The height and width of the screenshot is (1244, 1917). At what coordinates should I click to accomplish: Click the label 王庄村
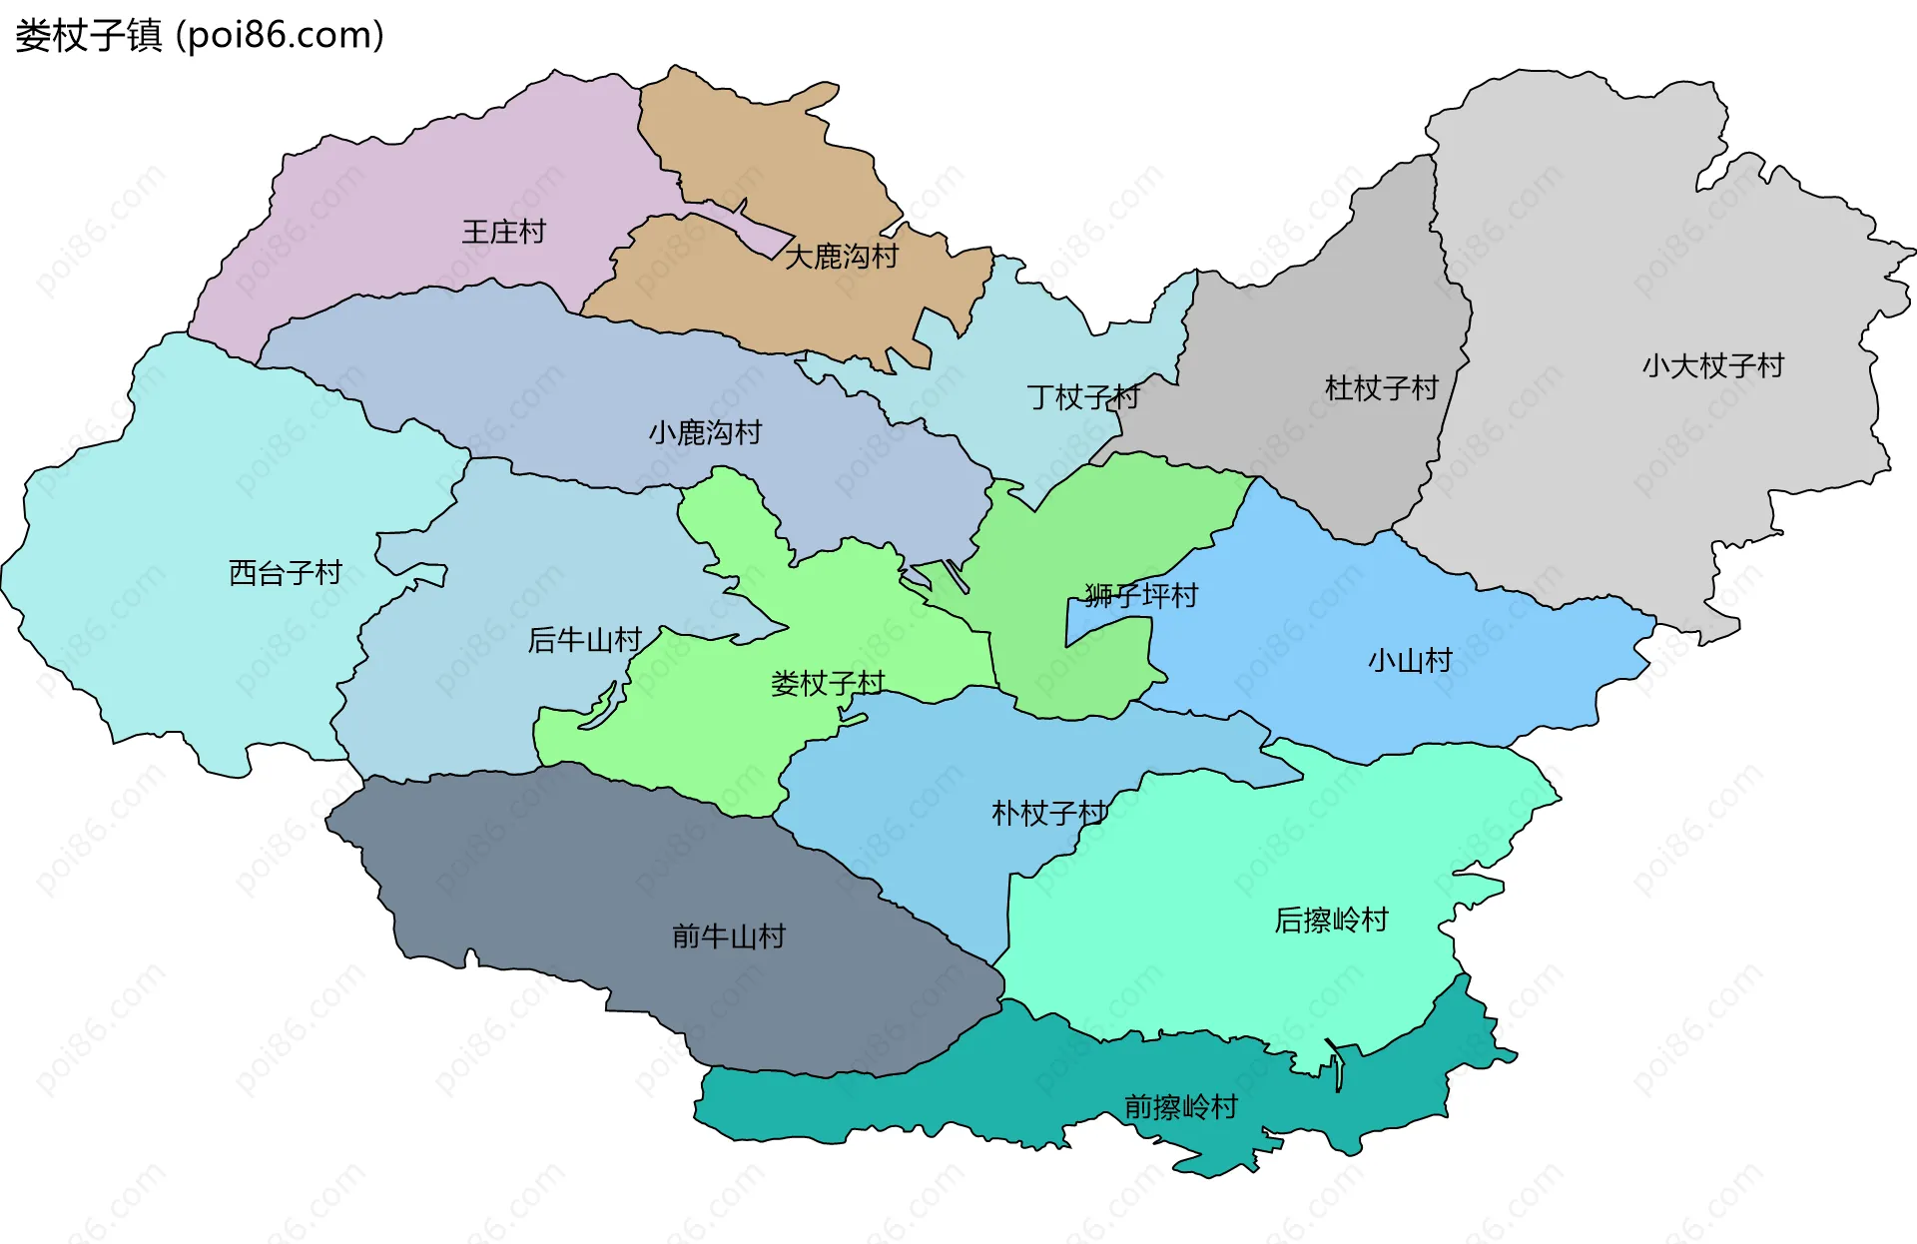pos(503,233)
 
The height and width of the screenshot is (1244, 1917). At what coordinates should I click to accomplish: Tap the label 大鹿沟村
pos(841,258)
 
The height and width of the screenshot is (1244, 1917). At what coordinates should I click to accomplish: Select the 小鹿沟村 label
pos(705,433)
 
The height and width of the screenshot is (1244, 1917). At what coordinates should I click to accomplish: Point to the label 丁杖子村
pos(1083,397)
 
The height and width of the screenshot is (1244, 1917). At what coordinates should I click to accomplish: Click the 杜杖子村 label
pos(1381,388)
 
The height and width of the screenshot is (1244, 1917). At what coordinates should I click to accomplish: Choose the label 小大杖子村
pos(1712,366)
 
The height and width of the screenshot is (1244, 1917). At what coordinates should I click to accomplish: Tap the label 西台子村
pos(286,573)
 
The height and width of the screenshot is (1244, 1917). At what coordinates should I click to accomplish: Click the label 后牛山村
pos(584,640)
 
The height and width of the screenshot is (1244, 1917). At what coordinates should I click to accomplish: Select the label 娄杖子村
pos(828,684)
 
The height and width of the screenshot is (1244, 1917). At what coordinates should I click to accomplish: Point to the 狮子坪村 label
pos(1141,596)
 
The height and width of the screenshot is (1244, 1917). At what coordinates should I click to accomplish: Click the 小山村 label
pos(1410,661)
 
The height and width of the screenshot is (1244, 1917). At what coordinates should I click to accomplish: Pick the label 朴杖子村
pos(1048,814)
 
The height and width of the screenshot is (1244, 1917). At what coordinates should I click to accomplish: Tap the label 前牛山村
pos(729,936)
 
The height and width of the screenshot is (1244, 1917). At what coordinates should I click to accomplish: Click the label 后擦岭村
pos(1331,921)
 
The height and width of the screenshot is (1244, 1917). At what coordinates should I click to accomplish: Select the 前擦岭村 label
pos(1180,1107)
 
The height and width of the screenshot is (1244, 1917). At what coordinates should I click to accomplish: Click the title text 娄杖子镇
pos(88,36)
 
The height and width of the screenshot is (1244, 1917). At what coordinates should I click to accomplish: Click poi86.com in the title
pos(280,36)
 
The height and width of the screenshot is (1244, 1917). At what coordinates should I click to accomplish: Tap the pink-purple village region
pos(399,200)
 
